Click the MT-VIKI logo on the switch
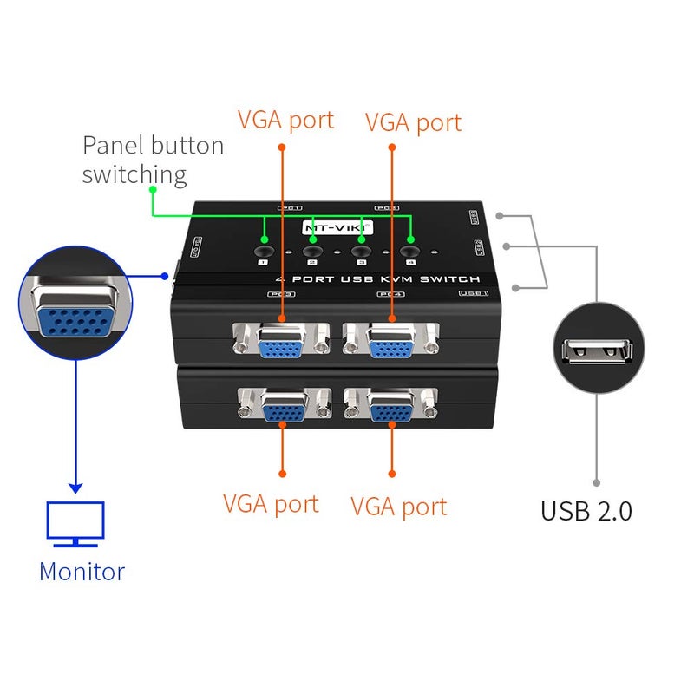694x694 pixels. (x=337, y=227)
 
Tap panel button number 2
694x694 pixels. (x=311, y=251)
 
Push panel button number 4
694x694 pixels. (x=410, y=251)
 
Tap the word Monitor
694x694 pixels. (x=82, y=572)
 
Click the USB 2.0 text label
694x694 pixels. (x=586, y=511)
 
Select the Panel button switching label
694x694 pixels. (x=153, y=160)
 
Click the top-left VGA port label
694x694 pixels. (x=285, y=120)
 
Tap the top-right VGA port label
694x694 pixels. (x=413, y=122)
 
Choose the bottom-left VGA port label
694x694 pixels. (x=271, y=504)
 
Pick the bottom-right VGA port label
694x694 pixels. (x=399, y=507)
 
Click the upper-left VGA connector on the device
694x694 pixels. (x=280, y=343)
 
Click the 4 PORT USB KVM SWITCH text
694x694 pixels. (x=376, y=279)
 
